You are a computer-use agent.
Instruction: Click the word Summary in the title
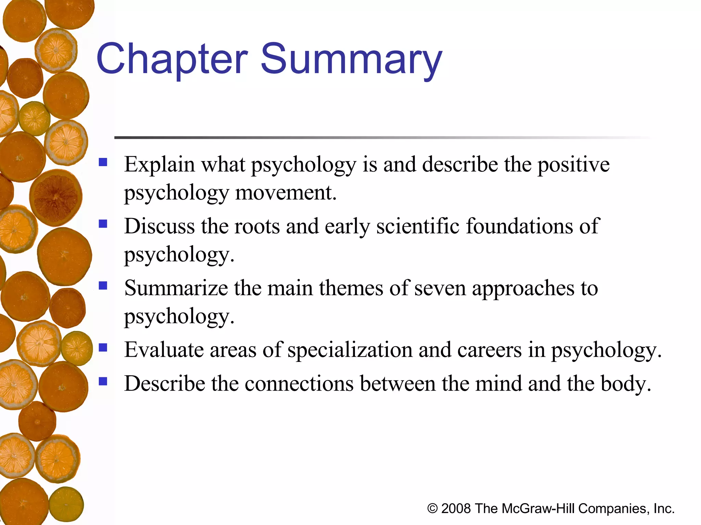pos(351,59)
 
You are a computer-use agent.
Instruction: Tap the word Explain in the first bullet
pos(159,165)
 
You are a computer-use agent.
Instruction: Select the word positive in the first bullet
pos(573,165)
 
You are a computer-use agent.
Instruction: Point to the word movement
pos(286,193)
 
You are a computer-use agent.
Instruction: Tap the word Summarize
pos(176,288)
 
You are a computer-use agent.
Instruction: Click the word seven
pos(440,288)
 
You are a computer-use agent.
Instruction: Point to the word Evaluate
pos(164,350)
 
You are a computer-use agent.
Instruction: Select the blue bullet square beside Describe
pos(103,381)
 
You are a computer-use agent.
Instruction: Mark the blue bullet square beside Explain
pos(103,162)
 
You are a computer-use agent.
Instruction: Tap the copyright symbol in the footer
pos(432,509)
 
